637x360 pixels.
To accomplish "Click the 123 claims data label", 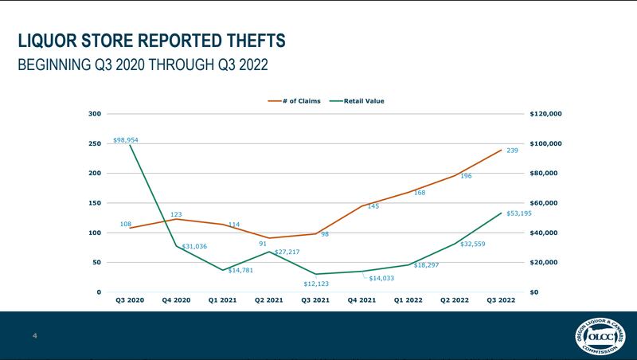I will click(177, 214).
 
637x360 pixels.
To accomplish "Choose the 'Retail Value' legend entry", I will click(363, 101).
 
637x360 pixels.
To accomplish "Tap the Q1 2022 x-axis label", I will click(408, 301).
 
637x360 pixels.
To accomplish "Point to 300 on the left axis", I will click(94, 114).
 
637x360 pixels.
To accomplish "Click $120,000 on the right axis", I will click(545, 114).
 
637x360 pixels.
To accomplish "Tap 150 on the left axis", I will click(94, 203).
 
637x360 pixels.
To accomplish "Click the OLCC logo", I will click(599, 335).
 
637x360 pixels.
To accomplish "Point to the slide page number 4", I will click(35, 335).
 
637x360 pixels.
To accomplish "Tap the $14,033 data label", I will click(382, 278).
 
